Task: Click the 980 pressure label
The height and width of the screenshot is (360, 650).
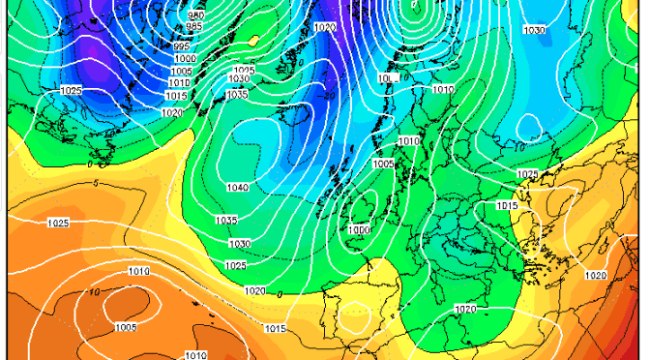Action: [x=196, y=15]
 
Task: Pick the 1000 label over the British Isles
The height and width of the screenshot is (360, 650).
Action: [x=360, y=229]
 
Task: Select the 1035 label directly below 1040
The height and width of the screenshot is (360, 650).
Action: [x=226, y=221]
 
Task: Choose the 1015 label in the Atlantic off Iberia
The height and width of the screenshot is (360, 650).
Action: [x=275, y=330]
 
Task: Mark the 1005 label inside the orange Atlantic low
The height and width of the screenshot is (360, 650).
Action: [x=126, y=328]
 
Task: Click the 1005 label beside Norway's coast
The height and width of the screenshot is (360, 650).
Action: [x=383, y=165]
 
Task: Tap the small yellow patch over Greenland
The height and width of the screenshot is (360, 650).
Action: [x=254, y=41]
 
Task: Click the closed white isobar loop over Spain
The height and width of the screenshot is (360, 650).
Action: [x=357, y=315]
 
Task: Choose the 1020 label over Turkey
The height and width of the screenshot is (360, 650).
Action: [x=596, y=276]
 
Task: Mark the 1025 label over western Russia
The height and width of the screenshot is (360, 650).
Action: [x=527, y=174]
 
